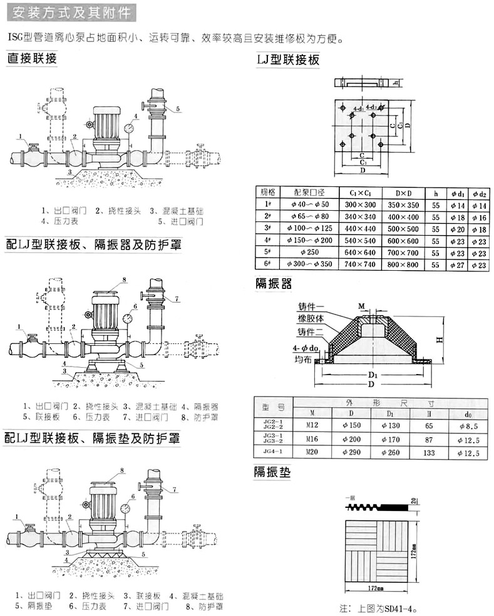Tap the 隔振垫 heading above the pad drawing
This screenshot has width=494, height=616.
point(272,472)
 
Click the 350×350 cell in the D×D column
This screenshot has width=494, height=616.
point(402,204)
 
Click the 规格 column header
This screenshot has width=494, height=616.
point(268,192)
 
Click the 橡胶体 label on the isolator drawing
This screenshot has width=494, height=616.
point(310,318)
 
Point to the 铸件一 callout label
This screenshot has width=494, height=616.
point(310,306)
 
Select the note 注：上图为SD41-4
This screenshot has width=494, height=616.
point(378,607)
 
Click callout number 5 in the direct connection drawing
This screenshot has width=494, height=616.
point(178,109)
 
